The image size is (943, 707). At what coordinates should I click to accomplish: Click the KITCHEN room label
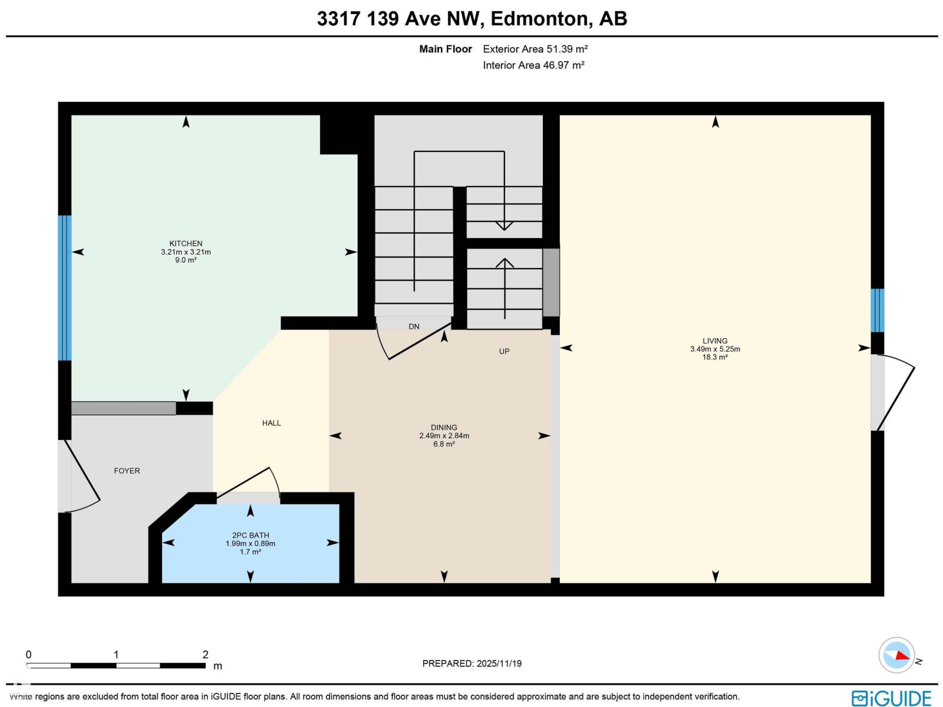point(186,243)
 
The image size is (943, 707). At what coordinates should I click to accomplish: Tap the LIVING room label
point(715,341)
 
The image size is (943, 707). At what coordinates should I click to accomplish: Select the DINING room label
point(444,428)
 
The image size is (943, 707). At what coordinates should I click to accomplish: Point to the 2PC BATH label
point(250,536)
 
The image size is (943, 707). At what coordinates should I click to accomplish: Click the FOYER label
point(127,471)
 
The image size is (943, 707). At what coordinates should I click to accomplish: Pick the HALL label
point(271,423)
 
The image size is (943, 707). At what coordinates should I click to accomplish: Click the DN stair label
point(414,326)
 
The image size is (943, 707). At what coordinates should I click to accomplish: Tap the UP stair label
point(504,351)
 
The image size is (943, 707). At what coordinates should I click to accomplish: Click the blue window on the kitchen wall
point(64,288)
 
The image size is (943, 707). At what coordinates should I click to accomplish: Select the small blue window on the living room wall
point(877,310)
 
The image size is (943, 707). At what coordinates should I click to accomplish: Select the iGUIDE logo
point(891,698)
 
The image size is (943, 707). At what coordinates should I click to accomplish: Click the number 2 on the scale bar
point(205,655)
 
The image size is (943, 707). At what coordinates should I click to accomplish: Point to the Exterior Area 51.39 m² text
point(535,49)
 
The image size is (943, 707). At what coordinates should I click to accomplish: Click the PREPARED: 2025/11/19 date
point(471,663)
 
